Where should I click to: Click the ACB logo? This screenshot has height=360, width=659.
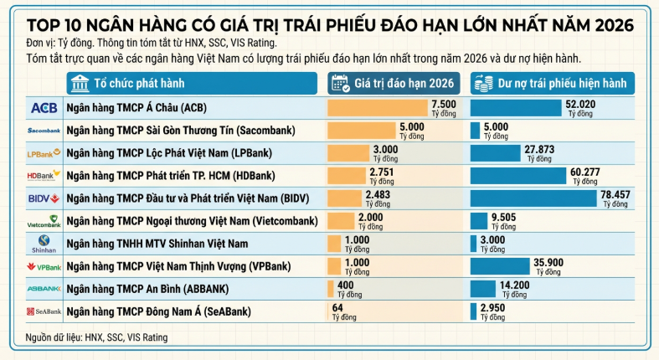pyautogui.click(x=44, y=108)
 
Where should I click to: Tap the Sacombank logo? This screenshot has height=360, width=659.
pyautogui.click(x=44, y=131)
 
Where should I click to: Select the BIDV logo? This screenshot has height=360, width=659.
pyautogui.click(x=44, y=198)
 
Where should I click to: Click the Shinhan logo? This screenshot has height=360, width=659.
pyautogui.click(x=44, y=244)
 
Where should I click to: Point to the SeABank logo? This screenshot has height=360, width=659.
pyautogui.click(x=44, y=311)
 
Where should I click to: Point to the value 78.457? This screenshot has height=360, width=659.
pyautogui.click(x=615, y=194)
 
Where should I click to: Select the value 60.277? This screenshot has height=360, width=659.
pyautogui.click(x=587, y=172)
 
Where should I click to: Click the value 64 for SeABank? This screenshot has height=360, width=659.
pyautogui.click(x=338, y=307)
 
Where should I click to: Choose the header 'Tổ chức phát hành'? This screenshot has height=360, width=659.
pyautogui.click(x=139, y=83)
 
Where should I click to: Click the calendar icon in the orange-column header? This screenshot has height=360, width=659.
pyautogui.click(x=340, y=83)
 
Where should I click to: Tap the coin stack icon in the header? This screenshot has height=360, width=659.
pyautogui.click(x=481, y=83)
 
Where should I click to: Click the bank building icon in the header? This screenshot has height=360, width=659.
pyautogui.click(x=81, y=83)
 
